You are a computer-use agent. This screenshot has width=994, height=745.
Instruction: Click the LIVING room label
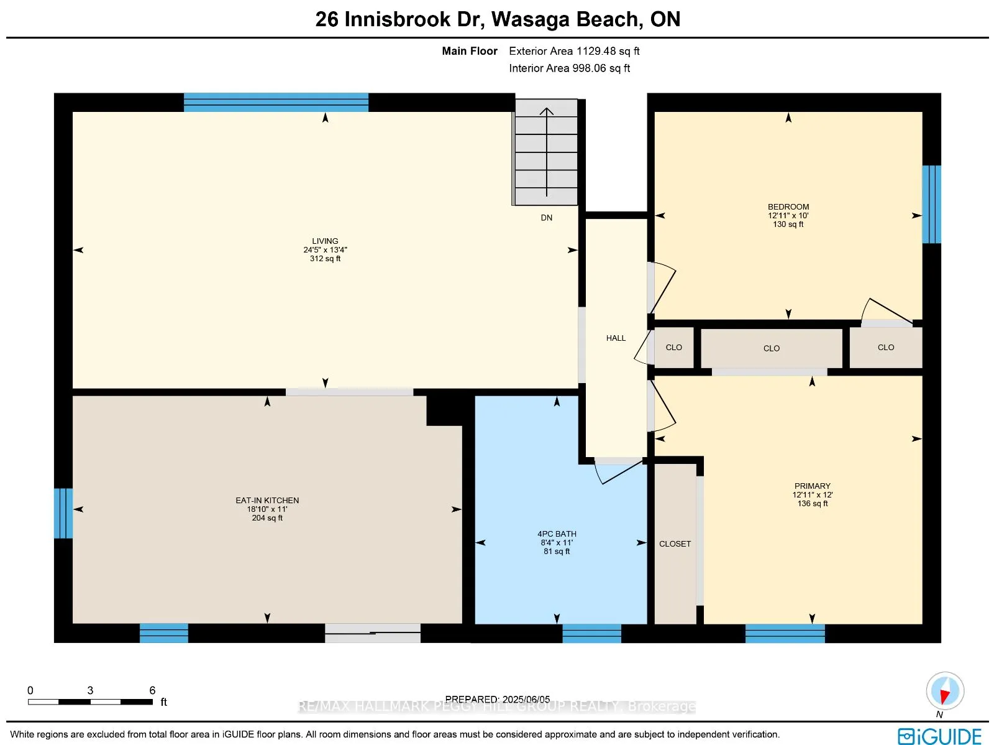(325, 241)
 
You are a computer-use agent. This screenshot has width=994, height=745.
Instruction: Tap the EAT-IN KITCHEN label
(267, 501)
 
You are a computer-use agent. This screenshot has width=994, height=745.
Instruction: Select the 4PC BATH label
(557, 534)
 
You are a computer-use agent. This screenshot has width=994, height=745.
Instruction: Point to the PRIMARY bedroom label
(812, 486)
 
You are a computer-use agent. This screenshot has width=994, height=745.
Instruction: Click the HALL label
(616, 338)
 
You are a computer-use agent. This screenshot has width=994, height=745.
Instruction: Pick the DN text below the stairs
(546, 218)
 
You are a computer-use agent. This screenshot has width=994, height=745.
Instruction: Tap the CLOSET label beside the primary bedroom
(675, 544)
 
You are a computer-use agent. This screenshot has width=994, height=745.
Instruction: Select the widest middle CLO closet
(771, 349)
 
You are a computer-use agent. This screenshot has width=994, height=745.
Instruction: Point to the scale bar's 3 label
(90, 690)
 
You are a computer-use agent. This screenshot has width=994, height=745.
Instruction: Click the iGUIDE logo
(939, 736)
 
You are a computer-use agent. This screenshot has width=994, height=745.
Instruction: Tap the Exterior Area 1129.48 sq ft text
(574, 51)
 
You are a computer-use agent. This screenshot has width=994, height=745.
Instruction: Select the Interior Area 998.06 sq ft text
(569, 68)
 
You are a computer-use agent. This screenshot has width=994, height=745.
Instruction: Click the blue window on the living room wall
(276, 103)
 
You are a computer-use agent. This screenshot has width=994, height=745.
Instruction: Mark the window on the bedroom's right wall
(931, 204)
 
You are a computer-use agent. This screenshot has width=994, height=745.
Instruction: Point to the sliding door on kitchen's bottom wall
(373, 633)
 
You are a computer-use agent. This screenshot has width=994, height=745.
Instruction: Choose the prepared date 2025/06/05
(497, 699)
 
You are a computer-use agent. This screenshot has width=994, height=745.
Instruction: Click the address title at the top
(497, 19)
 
